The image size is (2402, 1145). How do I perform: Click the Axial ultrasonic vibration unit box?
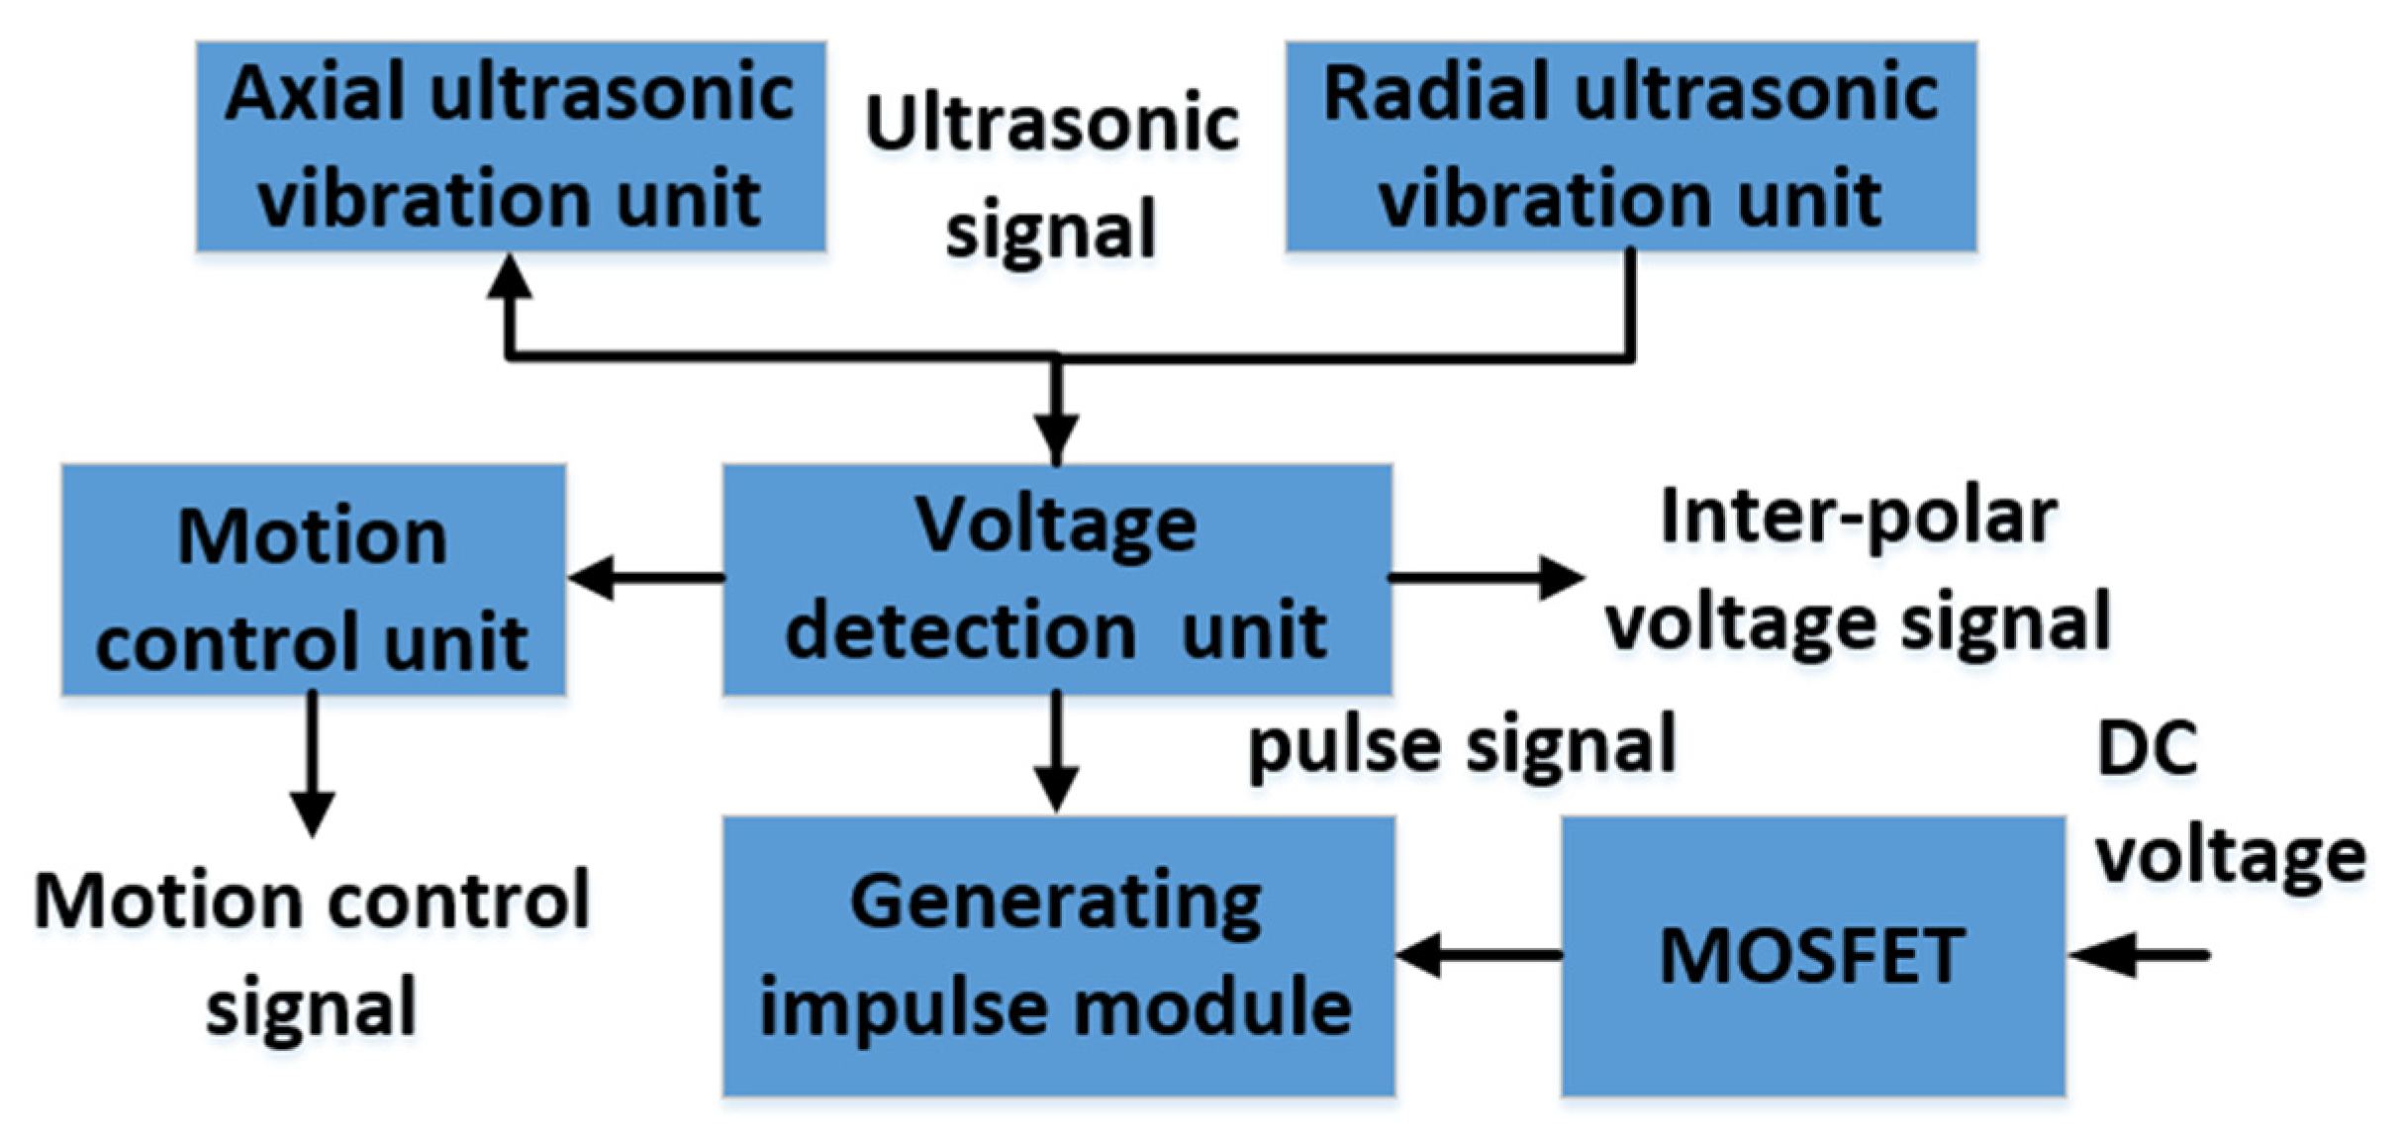click(x=511, y=146)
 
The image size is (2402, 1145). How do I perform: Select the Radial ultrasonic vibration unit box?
click(x=1630, y=146)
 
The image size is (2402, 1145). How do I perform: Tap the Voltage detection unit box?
click(x=1057, y=579)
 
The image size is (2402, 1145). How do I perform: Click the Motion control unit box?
click(x=313, y=579)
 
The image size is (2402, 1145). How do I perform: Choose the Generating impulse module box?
click(x=1057, y=955)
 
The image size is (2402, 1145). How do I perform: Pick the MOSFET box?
click(x=1812, y=955)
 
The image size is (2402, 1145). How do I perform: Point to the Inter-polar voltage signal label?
click(x=1858, y=571)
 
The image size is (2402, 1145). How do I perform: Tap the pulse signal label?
click(x=1462, y=744)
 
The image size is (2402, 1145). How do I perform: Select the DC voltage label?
click(x=2227, y=802)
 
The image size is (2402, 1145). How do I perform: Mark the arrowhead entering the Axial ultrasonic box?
click(x=511, y=277)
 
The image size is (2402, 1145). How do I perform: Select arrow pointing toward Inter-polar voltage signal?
click(x=1485, y=577)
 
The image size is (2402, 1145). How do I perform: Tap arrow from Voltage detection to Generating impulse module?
click(x=1057, y=752)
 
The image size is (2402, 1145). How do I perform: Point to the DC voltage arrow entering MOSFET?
click(x=2138, y=955)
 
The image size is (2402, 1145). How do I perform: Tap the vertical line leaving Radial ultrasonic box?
click(x=1630, y=302)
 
